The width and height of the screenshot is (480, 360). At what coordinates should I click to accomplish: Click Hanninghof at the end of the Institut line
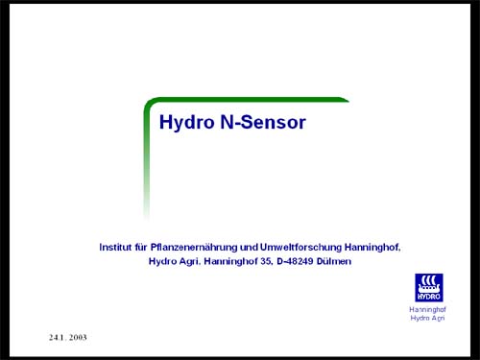click(376, 247)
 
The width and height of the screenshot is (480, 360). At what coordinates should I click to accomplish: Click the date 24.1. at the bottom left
click(60, 339)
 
